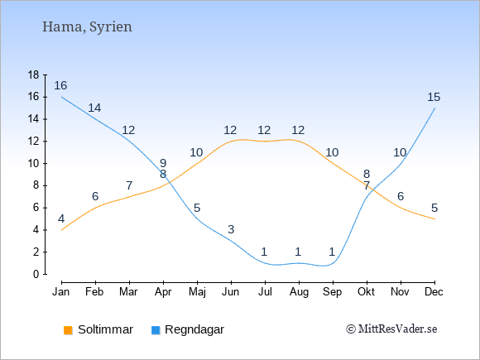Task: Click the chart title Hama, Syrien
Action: pos(87,27)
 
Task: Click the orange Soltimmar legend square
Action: pos(68,330)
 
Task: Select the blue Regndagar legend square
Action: pos(156,330)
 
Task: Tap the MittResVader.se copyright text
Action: pos(391,329)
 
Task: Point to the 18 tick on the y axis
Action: pos(34,74)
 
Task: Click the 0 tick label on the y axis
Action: pos(36,274)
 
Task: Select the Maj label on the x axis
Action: pos(197,292)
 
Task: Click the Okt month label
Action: pos(366,292)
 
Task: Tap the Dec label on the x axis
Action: pos(434,292)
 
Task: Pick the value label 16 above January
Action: pos(60,85)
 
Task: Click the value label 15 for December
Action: pos(434,97)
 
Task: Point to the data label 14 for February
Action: pos(94,108)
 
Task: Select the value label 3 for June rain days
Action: pos(231,229)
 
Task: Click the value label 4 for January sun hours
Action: pos(61,218)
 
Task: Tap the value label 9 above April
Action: pos(163,163)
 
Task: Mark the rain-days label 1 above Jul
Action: pos(265,252)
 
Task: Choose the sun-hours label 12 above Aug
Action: pos(298,130)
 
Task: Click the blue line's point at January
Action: pos(62,97)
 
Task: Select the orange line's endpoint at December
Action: pos(434,218)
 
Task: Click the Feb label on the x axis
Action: pos(94,292)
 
